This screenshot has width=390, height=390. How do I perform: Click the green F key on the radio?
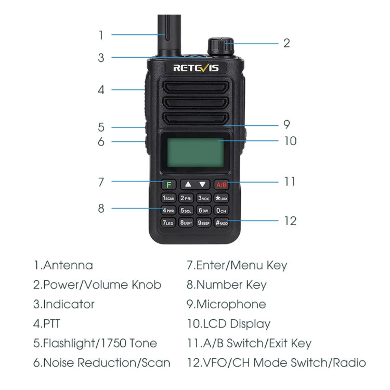(168, 184)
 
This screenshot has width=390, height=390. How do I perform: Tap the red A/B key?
(222, 184)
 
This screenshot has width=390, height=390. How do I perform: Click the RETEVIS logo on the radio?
(195, 68)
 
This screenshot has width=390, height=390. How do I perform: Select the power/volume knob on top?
(220, 46)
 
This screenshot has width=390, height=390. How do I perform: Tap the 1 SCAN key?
(168, 198)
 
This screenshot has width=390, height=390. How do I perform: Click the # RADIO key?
(222, 223)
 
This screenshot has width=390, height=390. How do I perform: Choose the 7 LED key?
(168, 223)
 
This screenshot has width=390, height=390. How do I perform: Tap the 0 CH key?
(222, 211)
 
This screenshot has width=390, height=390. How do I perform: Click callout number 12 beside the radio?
(290, 220)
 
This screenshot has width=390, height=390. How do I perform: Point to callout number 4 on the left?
(101, 89)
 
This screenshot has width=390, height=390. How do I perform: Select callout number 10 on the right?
(290, 141)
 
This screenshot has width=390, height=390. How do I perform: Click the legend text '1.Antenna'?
(63, 265)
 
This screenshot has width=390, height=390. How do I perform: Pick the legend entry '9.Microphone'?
(226, 304)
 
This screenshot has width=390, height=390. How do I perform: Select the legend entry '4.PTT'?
(47, 324)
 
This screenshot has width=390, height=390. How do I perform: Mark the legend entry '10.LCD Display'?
(229, 324)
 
